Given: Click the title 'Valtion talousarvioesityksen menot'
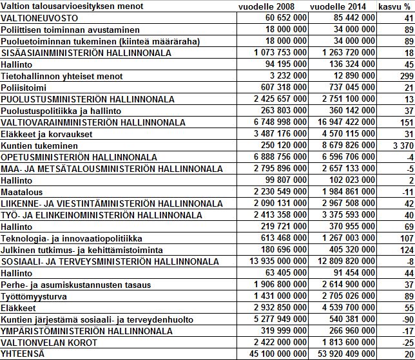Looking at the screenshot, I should (x=64, y=6).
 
